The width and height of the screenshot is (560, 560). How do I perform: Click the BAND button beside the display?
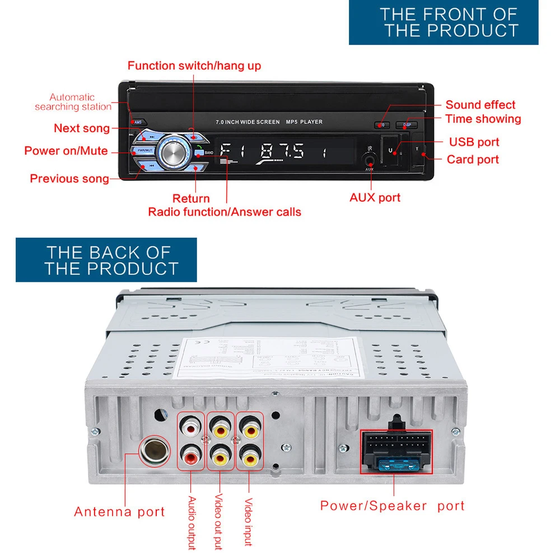point(204,152)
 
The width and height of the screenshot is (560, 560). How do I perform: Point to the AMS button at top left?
point(138,122)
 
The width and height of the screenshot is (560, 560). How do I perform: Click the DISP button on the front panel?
point(406,125)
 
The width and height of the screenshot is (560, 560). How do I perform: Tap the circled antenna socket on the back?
point(152,450)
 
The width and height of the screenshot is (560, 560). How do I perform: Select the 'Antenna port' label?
point(119,512)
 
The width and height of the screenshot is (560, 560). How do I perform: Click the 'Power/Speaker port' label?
point(392,506)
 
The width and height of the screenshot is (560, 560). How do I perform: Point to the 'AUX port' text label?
point(375,197)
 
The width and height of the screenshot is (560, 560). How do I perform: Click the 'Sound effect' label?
point(480,105)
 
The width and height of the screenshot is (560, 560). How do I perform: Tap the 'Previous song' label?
point(69,179)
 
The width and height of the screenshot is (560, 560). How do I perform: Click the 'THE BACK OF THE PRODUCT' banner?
point(106,260)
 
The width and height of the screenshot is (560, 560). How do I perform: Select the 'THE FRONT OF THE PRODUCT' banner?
point(444,22)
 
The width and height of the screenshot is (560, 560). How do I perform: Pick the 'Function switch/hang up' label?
point(194,66)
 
